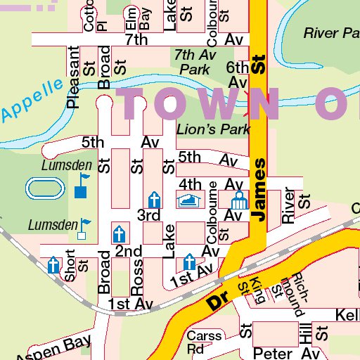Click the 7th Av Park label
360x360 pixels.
[x=195, y=62]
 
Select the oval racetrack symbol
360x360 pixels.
[x=43, y=188]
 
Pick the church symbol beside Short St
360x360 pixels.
[x=53, y=265]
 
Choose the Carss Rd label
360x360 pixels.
[x=205, y=342]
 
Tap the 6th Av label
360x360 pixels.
[x=238, y=75]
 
